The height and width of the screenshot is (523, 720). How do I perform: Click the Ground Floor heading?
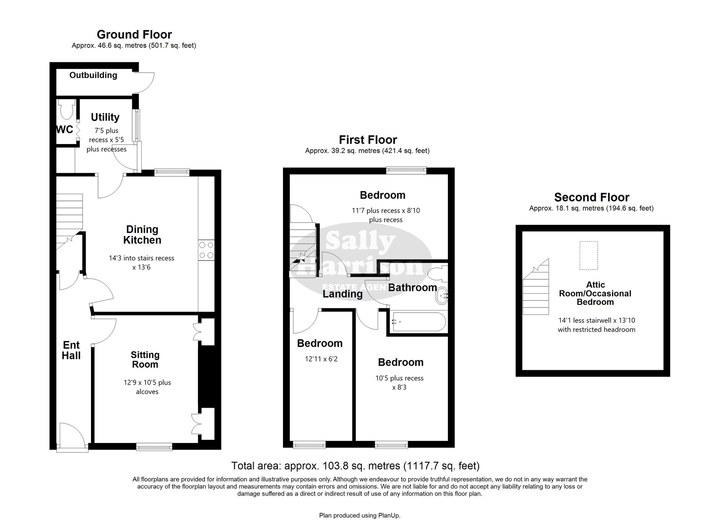[134, 34]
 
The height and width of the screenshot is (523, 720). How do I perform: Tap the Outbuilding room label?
[93, 75]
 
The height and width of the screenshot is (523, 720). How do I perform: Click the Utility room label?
[105, 117]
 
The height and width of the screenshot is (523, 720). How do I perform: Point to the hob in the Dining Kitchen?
[206, 250]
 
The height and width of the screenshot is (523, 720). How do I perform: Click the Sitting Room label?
[145, 360]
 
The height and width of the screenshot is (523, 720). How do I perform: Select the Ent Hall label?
[71, 350]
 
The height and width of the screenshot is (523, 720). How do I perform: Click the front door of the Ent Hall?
[72, 436]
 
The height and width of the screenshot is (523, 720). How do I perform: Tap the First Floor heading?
[368, 140]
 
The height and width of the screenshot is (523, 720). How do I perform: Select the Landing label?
[342, 294]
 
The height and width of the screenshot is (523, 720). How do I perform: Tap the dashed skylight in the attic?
[589, 255]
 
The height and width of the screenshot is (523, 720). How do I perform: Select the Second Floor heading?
[592, 197]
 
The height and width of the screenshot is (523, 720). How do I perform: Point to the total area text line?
[355, 466]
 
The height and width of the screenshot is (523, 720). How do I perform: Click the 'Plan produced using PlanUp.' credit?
[360, 516]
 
